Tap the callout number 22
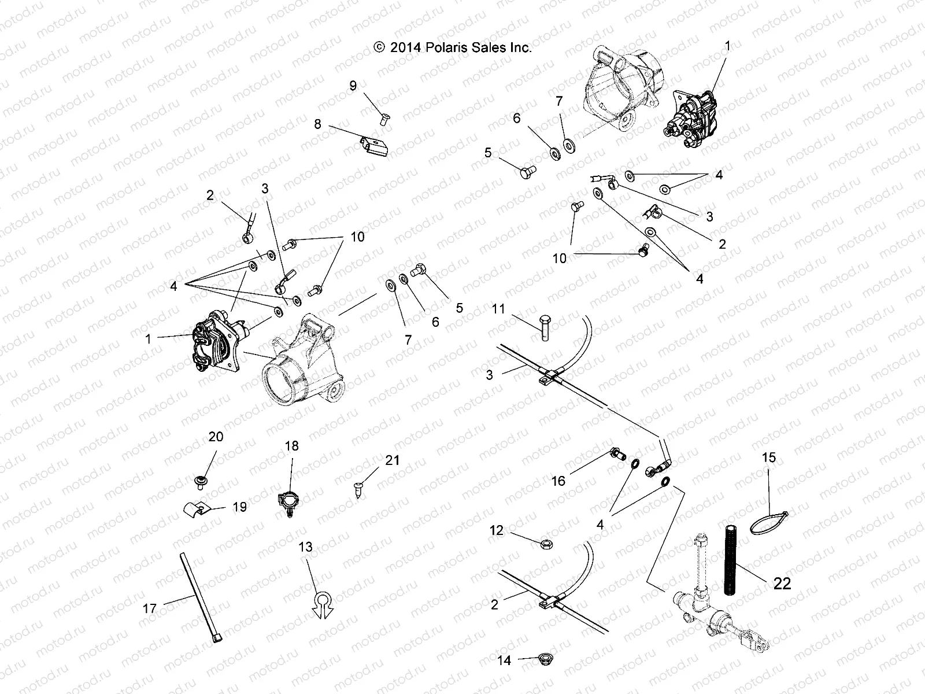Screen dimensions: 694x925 click(782, 584)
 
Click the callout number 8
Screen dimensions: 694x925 click(317, 124)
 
